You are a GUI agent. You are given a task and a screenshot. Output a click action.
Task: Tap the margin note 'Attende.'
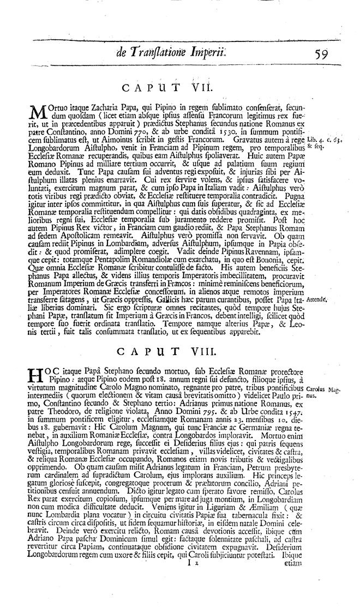coord(317,299)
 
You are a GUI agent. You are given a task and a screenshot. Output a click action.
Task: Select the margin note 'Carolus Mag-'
coord(325,389)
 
